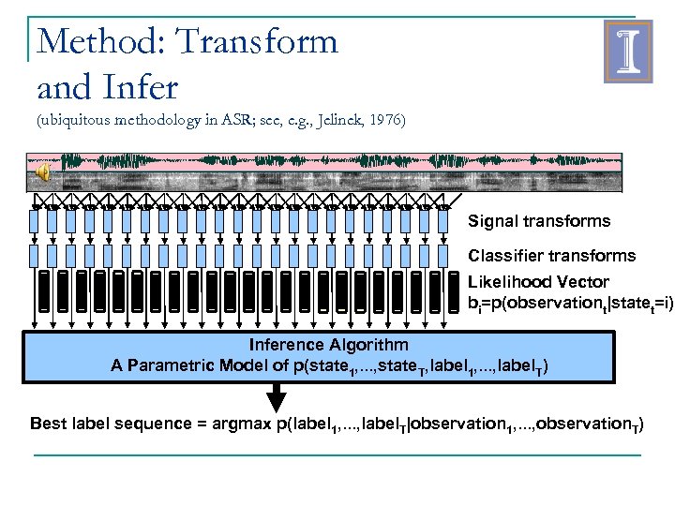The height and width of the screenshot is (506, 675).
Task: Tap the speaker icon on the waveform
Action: [43, 172]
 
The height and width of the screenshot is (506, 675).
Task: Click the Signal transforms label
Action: [539, 222]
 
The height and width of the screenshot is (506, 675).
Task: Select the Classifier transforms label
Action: [551, 256]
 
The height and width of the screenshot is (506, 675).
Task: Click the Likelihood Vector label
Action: [538, 282]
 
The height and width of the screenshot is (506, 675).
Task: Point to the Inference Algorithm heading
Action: [328, 345]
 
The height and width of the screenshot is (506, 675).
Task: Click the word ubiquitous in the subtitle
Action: [72, 121]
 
